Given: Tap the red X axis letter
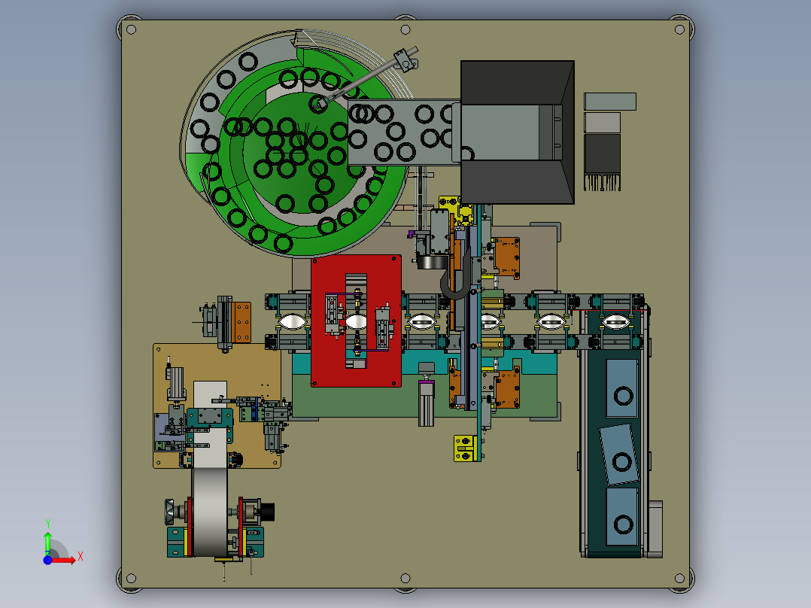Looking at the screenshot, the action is [x=80, y=557].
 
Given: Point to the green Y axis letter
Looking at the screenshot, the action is [x=47, y=524].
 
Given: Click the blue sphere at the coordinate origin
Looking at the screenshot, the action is [x=47, y=560].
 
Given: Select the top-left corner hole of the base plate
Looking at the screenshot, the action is [x=132, y=29].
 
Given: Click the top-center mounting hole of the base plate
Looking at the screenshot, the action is [x=405, y=29].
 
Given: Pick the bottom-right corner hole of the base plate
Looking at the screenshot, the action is [x=679, y=578].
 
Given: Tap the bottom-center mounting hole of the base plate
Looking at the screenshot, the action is [x=405, y=578].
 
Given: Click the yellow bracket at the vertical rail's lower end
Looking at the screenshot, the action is [x=465, y=448].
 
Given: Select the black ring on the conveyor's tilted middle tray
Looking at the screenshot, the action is [x=621, y=461].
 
